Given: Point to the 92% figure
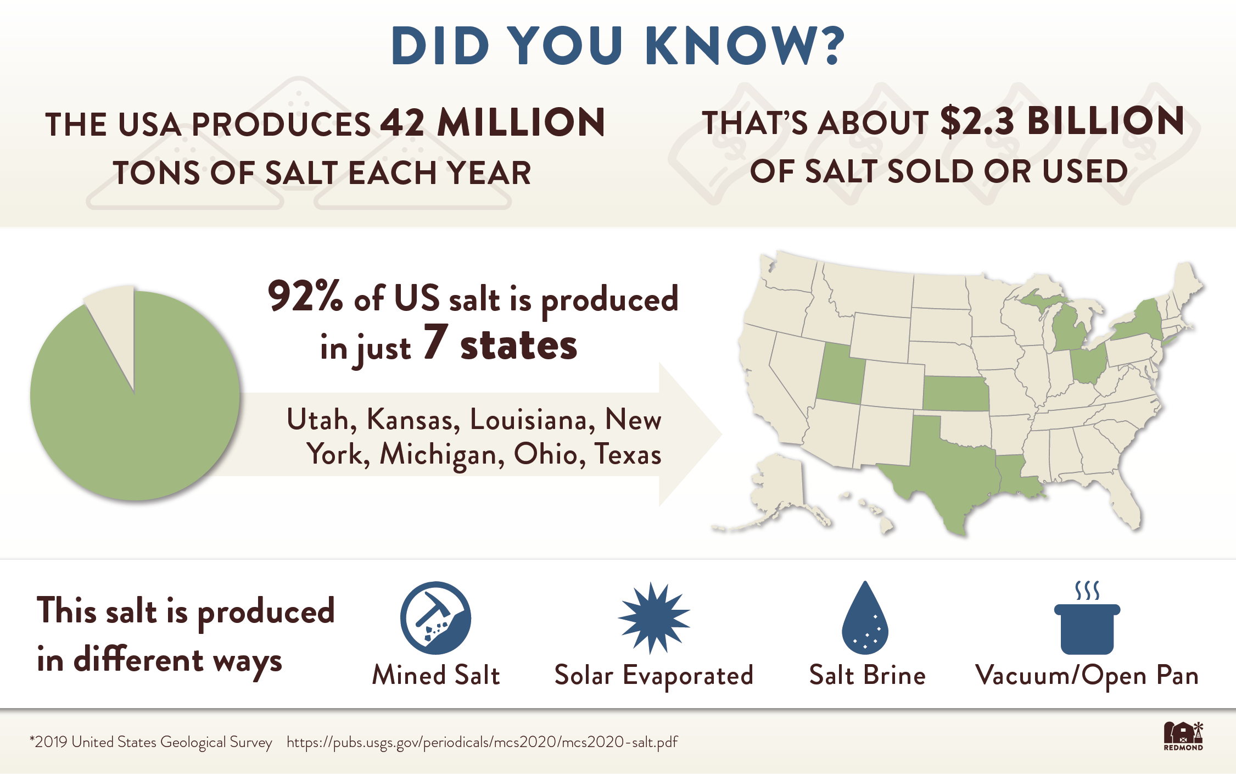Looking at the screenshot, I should tap(305, 297).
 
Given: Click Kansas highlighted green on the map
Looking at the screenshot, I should tap(956, 394).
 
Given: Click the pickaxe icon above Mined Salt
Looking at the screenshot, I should tap(435, 617).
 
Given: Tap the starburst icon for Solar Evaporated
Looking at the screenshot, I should tap(653, 617).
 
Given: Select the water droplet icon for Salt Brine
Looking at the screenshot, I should tap(865, 621).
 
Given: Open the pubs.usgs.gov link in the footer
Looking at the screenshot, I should tap(482, 742).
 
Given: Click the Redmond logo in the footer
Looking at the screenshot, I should tap(1183, 736).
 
